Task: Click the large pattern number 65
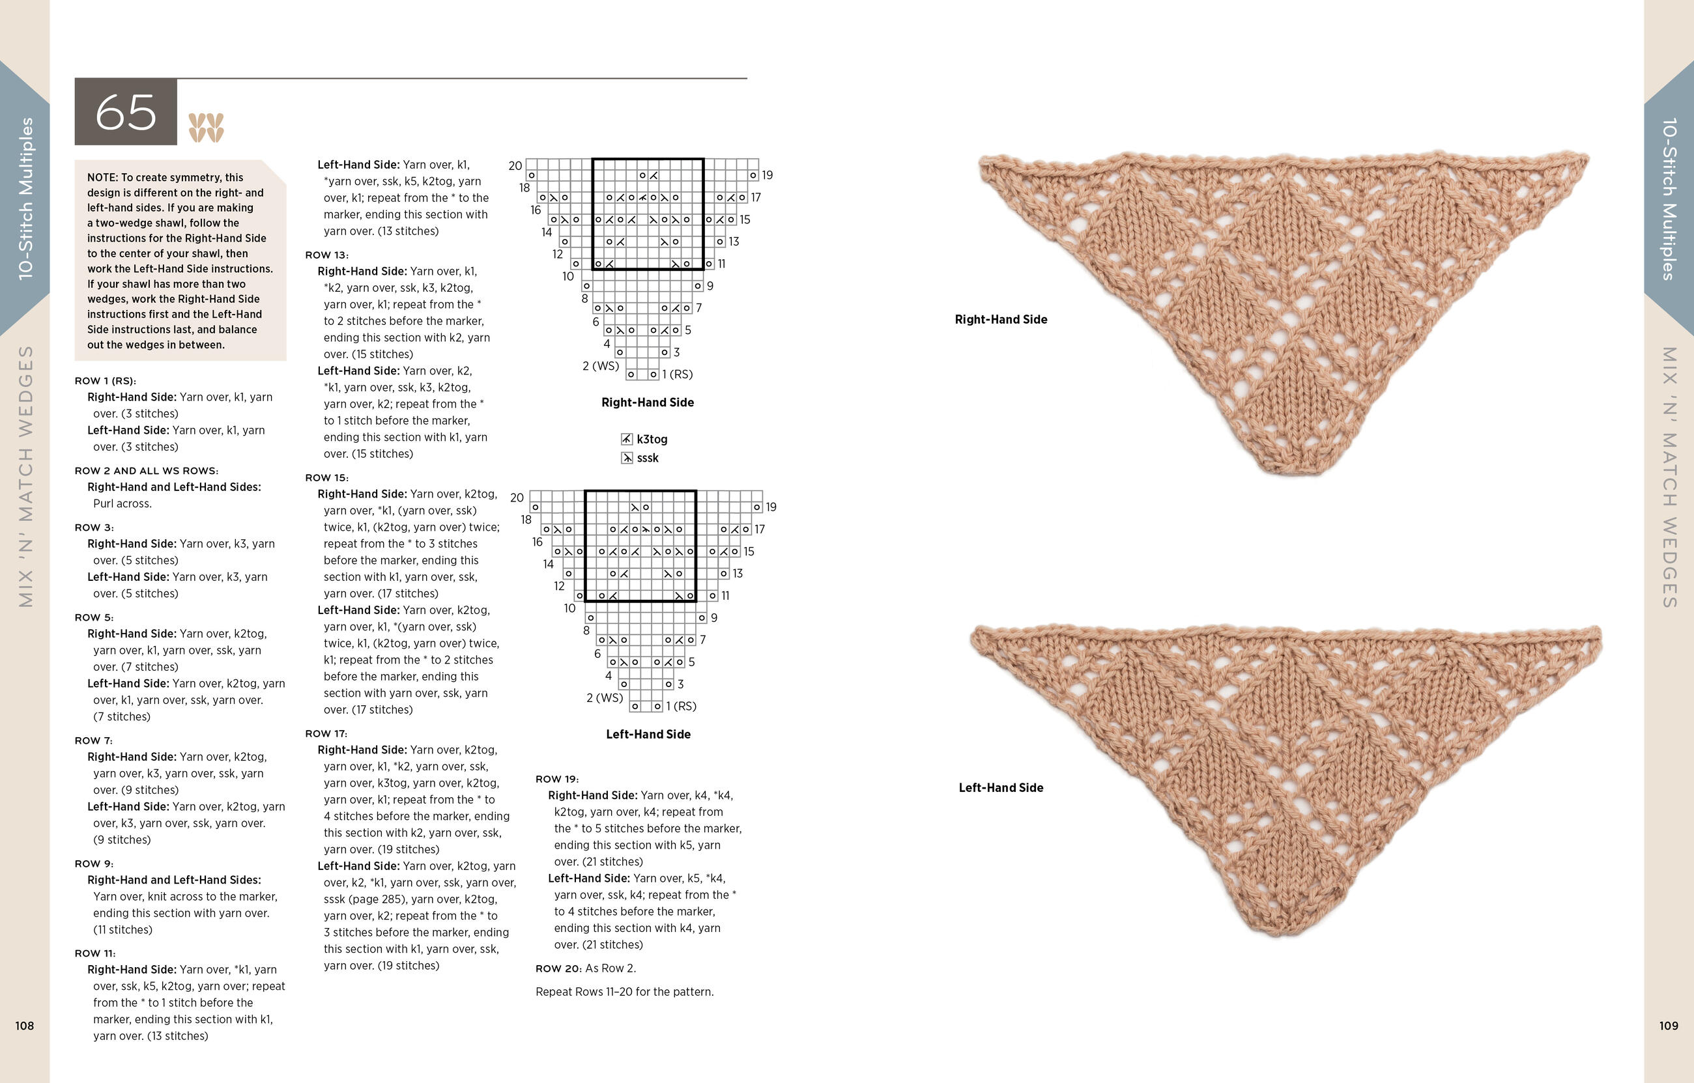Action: pyautogui.click(x=126, y=113)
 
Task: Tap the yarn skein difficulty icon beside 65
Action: pyautogui.click(x=206, y=127)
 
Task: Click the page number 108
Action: pyautogui.click(x=25, y=1025)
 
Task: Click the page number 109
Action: pyautogui.click(x=1669, y=1025)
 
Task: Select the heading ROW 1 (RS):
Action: pyautogui.click(x=106, y=380)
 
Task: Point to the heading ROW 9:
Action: pyautogui.click(x=94, y=864)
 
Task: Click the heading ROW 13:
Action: pyautogui.click(x=327, y=255)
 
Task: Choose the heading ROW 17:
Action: pyautogui.click(x=326, y=733)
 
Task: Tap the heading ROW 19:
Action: pyautogui.click(x=557, y=778)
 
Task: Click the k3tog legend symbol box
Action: pyautogui.click(x=627, y=439)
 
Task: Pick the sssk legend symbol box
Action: pyautogui.click(x=627, y=458)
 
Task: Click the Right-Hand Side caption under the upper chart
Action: pyautogui.click(x=647, y=402)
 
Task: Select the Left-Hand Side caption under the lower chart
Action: pyautogui.click(x=648, y=734)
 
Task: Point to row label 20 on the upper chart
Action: pyautogui.click(x=515, y=166)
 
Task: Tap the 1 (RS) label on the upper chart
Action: pyautogui.click(x=678, y=374)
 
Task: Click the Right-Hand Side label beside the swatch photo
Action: pyautogui.click(x=1000, y=319)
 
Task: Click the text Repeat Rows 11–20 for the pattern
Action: pyautogui.click(x=625, y=992)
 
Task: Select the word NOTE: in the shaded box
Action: pyautogui.click(x=103, y=177)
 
